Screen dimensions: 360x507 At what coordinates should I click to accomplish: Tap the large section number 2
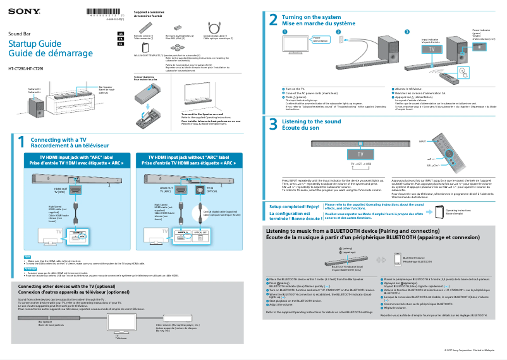[x=273, y=20]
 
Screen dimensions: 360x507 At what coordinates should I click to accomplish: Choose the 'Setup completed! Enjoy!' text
[x=295, y=206]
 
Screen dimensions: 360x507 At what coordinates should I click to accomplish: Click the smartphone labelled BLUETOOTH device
[x=396, y=259]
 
